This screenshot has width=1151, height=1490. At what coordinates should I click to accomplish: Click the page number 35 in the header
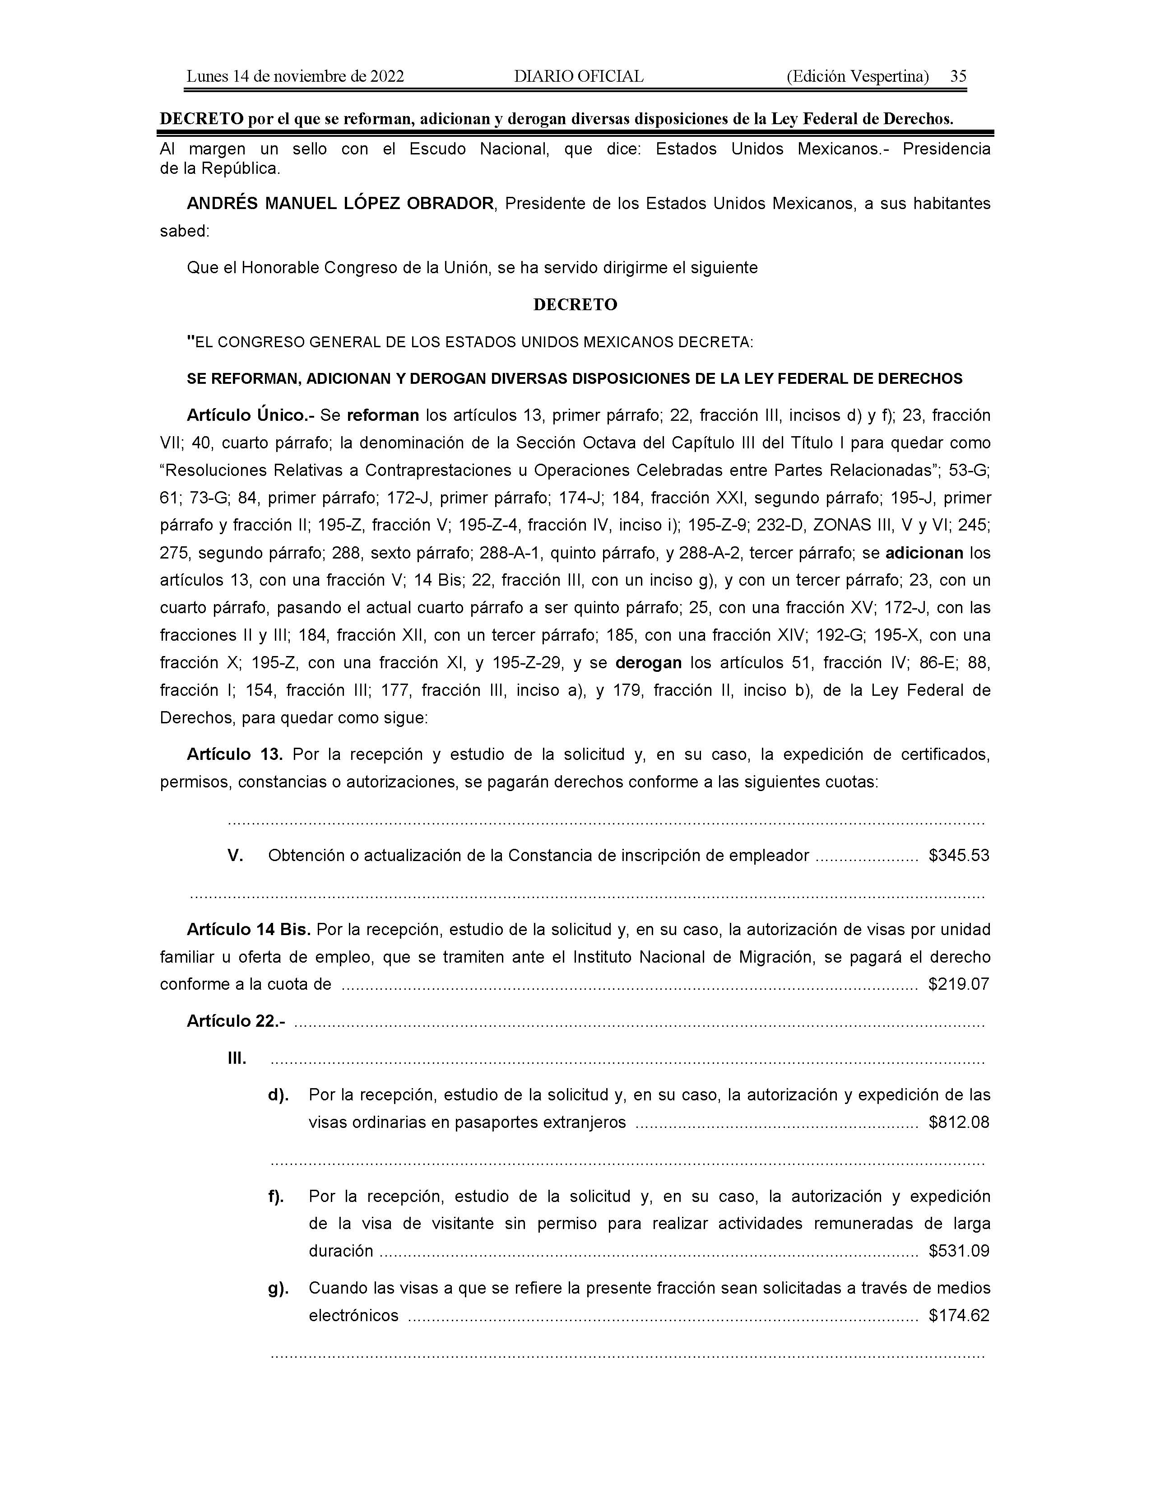pyautogui.click(x=958, y=76)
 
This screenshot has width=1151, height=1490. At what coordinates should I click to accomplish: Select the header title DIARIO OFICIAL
pyautogui.click(x=578, y=76)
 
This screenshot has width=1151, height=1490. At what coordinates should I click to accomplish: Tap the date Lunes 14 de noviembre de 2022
pyautogui.click(x=295, y=76)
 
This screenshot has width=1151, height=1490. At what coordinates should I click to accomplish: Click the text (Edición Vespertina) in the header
pyautogui.click(x=857, y=76)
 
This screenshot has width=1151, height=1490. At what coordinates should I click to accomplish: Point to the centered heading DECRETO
pyautogui.click(x=575, y=305)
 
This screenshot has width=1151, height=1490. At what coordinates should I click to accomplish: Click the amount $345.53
pyautogui.click(x=958, y=856)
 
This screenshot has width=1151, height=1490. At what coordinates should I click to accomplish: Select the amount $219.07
pyautogui.click(x=958, y=984)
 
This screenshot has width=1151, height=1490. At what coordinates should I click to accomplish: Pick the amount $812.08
pyautogui.click(x=958, y=1122)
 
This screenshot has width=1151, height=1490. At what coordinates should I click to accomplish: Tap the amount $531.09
pyautogui.click(x=958, y=1251)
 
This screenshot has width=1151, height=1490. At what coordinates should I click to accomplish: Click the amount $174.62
pyautogui.click(x=958, y=1315)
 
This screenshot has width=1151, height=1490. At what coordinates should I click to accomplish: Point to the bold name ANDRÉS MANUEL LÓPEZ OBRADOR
pyautogui.click(x=340, y=203)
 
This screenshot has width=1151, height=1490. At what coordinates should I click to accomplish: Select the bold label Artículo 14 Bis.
pyautogui.click(x=249, y=929)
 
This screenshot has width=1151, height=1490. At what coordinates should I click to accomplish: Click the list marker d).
pyautogui.click(x=278, y=1095)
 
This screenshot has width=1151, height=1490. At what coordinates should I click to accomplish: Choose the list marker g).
pyautogui.click(x=278, y=1288)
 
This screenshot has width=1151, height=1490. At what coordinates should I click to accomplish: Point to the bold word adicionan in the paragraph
pyautogui.click(x=924, y=553)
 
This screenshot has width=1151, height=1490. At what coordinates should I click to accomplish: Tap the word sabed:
pyautogui.click(x=184, y=231)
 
